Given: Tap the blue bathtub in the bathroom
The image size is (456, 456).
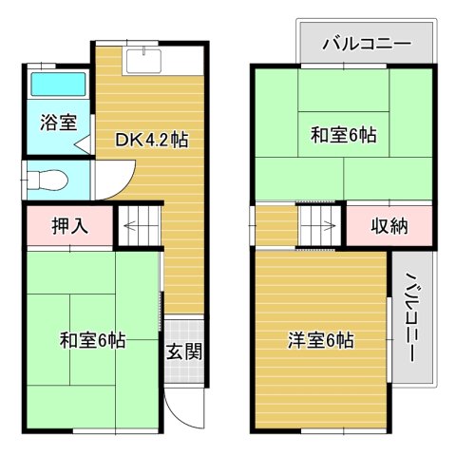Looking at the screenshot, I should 57,85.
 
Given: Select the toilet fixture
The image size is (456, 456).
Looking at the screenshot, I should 47,178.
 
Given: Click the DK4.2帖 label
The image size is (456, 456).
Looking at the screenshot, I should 152,140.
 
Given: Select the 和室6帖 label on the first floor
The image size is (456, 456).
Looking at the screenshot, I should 92,339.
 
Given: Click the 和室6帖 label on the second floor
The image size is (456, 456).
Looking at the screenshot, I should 343,135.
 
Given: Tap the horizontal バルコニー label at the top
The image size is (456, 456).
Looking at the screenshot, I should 365,44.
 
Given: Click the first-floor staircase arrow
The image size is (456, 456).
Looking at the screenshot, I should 135,227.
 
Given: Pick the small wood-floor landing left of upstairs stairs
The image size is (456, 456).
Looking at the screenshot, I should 275,226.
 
